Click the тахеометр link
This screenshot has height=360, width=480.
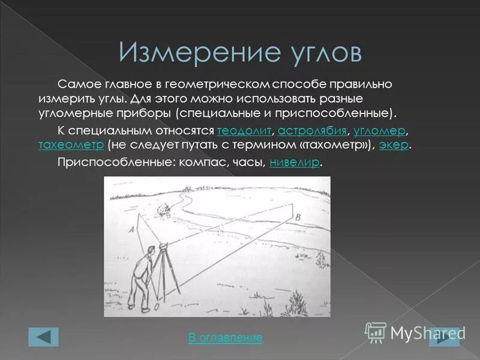click(71, 146)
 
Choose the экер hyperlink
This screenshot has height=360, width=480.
click(395, 146)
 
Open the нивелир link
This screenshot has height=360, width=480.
click(295, 162)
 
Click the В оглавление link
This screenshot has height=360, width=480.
click(225, 338)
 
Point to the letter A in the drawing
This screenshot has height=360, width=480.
click(131, 230)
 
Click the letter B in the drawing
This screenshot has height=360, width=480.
click(298, 215)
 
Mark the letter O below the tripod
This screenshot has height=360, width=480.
click(156, 307)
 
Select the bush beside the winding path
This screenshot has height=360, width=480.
click(163, 210)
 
